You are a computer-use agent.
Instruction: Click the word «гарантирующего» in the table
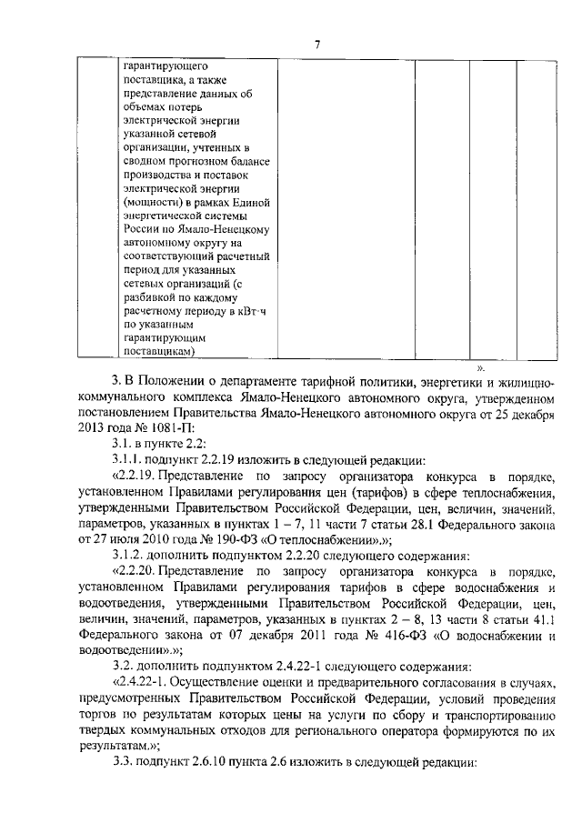(x=165, y=66)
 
